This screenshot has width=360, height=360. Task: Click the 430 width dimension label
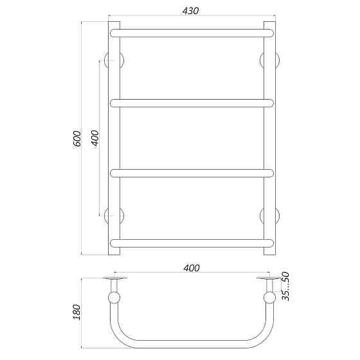[x=191, y=11]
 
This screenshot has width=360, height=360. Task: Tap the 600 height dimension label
[x=77, y=139]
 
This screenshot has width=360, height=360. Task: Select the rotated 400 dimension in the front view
[x=94, y=139]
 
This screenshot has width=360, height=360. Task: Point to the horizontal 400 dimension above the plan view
[x=191, y=267]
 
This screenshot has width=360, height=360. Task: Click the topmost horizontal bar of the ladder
[x=192, y=32]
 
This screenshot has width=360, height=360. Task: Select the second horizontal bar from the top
[x=192, y=102]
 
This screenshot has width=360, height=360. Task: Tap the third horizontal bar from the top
[x=192, y=172]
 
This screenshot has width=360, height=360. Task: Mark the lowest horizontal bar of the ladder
[x=192, y=242]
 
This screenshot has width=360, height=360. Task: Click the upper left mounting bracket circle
[x=118, y=60]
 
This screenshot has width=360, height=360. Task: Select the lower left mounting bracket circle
[x=118, y=215]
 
